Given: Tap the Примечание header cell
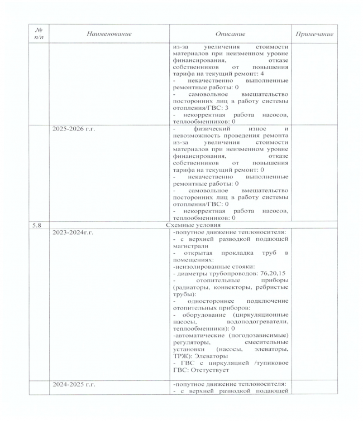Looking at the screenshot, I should coord(314,34).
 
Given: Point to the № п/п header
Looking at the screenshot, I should coord(38,34).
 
